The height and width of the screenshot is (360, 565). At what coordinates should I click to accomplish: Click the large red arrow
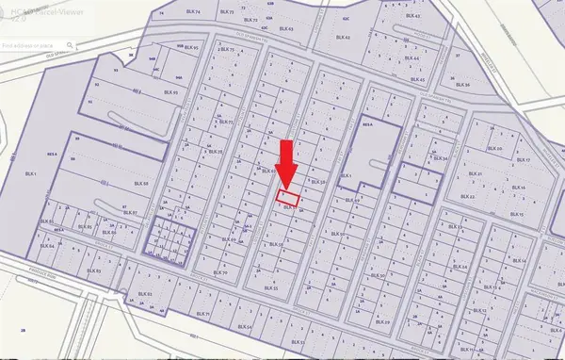click(288, 166)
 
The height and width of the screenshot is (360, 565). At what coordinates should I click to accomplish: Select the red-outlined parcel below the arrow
click(288, 199)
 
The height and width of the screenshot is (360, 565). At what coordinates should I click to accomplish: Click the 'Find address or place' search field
click(34, 45)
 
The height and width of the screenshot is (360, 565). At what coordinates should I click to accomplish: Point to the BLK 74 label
click(170, 15)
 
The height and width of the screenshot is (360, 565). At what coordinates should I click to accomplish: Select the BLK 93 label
click(170, 92)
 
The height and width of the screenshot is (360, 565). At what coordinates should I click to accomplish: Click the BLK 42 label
click(342, 38)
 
